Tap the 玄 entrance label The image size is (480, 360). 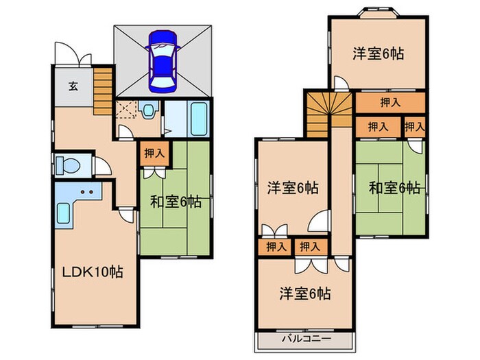pos(73,86)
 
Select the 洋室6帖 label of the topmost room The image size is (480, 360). pos(378,53)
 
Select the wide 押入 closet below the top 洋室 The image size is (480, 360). pos(389,102)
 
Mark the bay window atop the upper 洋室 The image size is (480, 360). pos(376,12)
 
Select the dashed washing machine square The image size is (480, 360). pos(126,110)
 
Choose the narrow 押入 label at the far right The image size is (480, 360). pos(413,126)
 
